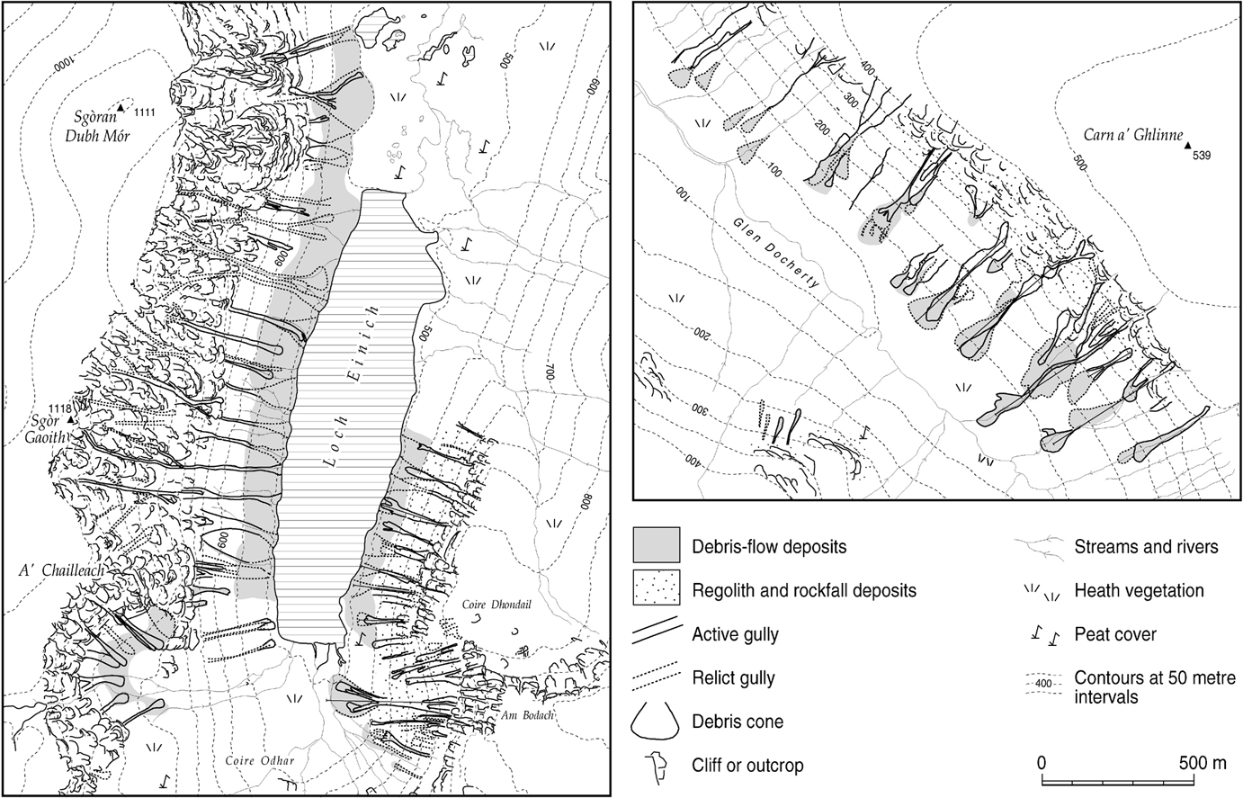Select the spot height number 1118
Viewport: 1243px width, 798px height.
40,408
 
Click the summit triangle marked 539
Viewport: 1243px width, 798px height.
1187,144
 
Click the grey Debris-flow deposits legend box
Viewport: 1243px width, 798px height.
657,545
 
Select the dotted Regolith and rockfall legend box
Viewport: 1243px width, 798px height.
657,589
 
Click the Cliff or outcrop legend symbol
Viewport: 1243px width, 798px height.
657,765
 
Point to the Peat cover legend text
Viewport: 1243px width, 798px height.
1115,634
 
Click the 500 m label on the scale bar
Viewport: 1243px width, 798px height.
1201,763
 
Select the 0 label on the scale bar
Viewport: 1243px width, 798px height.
1042,763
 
